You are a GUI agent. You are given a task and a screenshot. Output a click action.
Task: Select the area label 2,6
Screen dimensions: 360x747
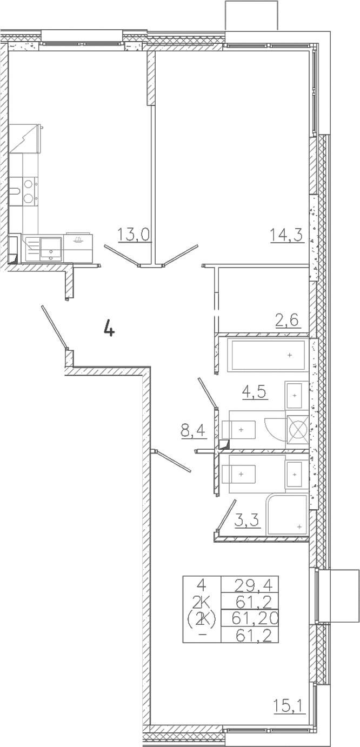(286, 320)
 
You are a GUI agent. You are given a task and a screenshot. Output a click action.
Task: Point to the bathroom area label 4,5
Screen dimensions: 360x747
(254, 392)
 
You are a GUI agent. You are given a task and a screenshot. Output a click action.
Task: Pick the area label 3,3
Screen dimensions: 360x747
(247, 520)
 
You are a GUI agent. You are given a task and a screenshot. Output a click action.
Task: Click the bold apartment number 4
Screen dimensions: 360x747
(109, 327)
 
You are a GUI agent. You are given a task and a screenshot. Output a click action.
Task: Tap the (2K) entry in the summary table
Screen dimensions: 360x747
(202, 619)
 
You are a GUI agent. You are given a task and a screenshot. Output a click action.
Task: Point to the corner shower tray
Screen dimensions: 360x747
(287, 516)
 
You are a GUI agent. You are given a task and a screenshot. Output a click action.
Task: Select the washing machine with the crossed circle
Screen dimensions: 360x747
(298, 430)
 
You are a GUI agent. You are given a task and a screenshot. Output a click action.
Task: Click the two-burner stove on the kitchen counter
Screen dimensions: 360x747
(29, 191)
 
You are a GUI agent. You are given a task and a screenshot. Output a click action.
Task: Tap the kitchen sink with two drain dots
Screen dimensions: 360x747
(51, 248)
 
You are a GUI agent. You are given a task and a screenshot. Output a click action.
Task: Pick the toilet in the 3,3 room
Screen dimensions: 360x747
(239, 474)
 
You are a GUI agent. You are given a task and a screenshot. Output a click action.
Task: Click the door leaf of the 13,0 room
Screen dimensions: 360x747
(122, 256)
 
